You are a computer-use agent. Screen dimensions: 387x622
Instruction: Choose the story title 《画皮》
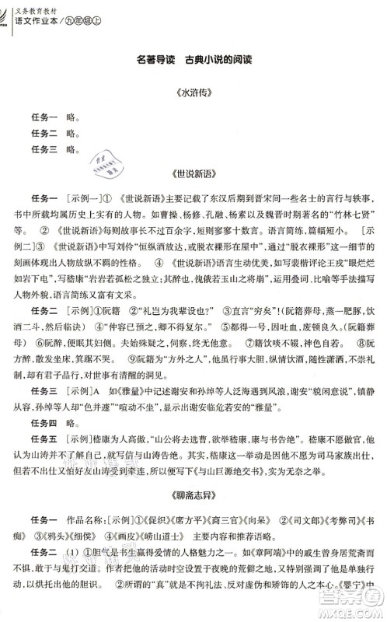pos(145,556)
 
